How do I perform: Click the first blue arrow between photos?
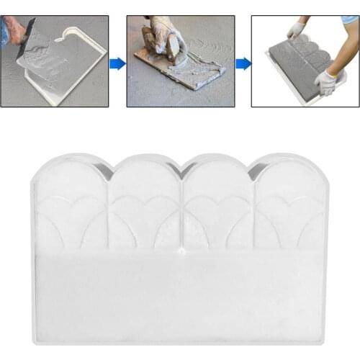coord(117,63)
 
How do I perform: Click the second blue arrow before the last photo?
coord(243,63)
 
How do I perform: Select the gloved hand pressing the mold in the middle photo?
coord(162,40)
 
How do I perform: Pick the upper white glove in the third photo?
coord(295,30)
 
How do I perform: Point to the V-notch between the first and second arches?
coord(108,171)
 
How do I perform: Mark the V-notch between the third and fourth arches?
coord(252,171)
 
